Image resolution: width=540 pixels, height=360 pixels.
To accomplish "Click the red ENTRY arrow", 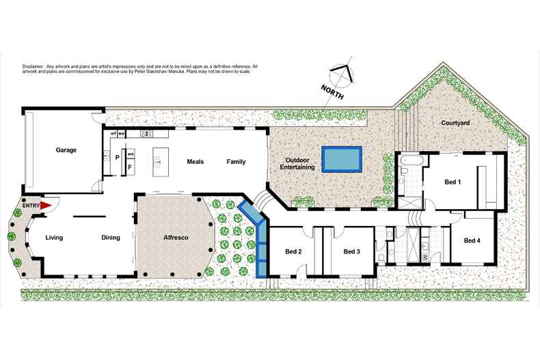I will (x=46, y=205).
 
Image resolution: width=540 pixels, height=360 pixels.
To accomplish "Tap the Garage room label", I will (x=66, y=150).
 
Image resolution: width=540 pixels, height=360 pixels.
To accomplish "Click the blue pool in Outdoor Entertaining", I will (x=342, y=158).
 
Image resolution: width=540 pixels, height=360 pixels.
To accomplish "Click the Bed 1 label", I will (x=453, y=182).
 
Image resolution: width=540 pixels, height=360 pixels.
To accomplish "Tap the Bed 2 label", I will (x=293, y=251).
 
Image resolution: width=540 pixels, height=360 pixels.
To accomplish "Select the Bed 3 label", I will (x=351, y=251).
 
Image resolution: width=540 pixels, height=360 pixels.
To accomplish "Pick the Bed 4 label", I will (x=472, y=240).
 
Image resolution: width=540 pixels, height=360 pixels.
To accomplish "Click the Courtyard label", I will (x=455, y=123).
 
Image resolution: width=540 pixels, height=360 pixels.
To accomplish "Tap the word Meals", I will (x=196, y=162).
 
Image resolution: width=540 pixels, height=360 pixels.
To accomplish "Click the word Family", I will (x=236, y=162).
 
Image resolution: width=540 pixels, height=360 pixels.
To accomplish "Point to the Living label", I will (x=55, y=238).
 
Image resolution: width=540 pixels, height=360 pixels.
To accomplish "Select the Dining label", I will (x=111, y=238).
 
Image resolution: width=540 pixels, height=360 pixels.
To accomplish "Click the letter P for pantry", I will (x=118, y=157).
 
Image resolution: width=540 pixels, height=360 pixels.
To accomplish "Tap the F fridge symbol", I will (x=130, y=166).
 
